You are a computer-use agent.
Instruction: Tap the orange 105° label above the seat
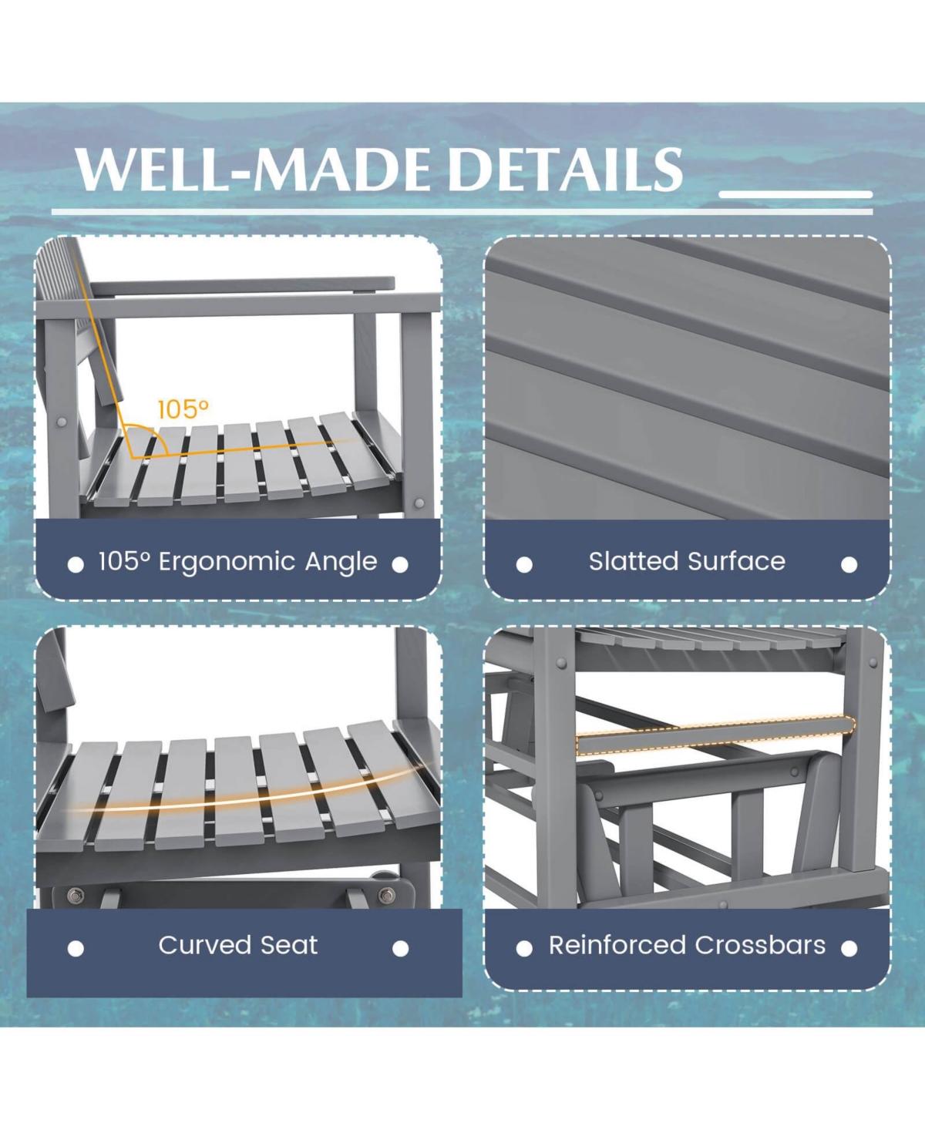point(183,409)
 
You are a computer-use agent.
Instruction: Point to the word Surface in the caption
point(737,561)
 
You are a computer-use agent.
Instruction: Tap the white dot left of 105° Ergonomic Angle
point(76,565)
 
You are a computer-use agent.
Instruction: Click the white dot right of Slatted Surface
point(849,565)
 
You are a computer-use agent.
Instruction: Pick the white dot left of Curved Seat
point(76,948)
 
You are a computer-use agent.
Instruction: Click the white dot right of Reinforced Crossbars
point(849,948)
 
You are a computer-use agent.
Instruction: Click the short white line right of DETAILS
point(795,194)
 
